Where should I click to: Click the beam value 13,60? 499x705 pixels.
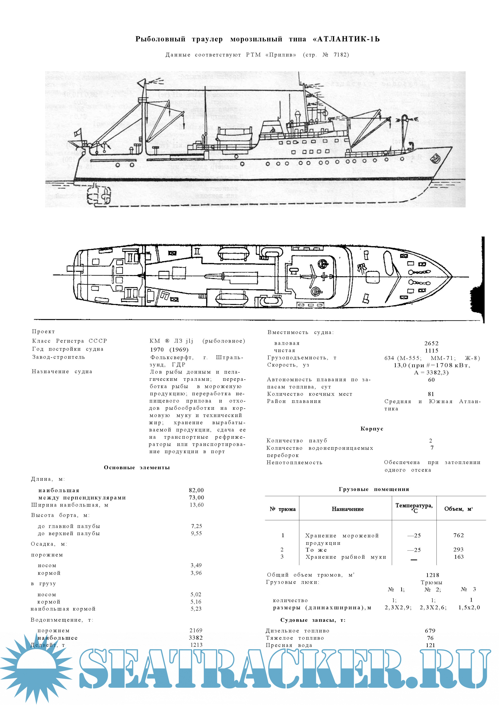click(x=197, y=505)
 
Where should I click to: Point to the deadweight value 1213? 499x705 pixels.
click(x=196, y=645)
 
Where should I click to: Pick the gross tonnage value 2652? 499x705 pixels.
click(x=431, y=343)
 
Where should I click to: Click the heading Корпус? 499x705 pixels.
click(x=372, y=429)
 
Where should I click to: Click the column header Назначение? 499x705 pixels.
click(x=348, y=509)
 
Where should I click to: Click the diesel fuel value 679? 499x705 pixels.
click(x=430, y=631)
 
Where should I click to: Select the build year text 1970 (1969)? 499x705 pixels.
click(x=169, y=349)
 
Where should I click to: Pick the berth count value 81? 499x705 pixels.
click(x=431, y=394)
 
